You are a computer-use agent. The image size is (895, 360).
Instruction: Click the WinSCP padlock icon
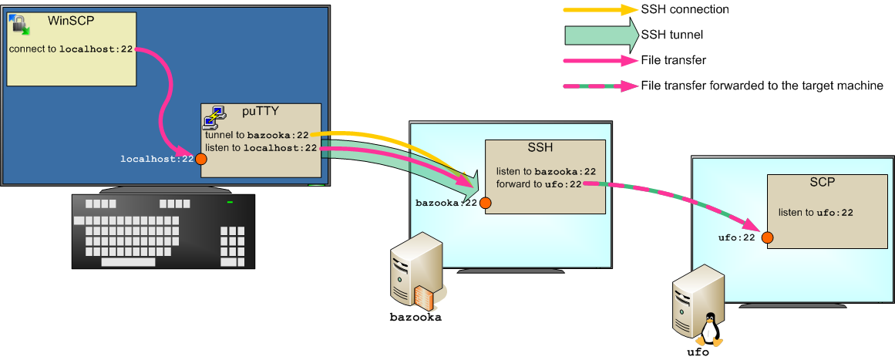tap(20, 25)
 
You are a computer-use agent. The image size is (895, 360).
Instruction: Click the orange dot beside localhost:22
tap(201, 159)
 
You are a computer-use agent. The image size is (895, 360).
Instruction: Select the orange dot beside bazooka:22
tap(485, 203)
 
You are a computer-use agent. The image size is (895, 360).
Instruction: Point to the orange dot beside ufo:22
tap(767, 237)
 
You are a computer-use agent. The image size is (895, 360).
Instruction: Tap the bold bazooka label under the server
tap(416, 317)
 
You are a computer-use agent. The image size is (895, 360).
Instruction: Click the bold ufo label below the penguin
tap(698, 352)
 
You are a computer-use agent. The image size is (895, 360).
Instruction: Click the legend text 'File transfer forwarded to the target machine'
tap(762, 86)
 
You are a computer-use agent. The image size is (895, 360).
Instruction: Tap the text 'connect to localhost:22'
tap(71, 49)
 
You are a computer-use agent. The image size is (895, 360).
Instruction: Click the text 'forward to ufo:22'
tap(539, 183)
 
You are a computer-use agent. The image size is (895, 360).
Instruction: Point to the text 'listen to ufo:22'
tap(816, 213)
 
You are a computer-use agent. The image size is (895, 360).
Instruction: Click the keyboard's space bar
tap(129, 262)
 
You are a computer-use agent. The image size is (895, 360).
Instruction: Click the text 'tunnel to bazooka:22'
tap(257, 135)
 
